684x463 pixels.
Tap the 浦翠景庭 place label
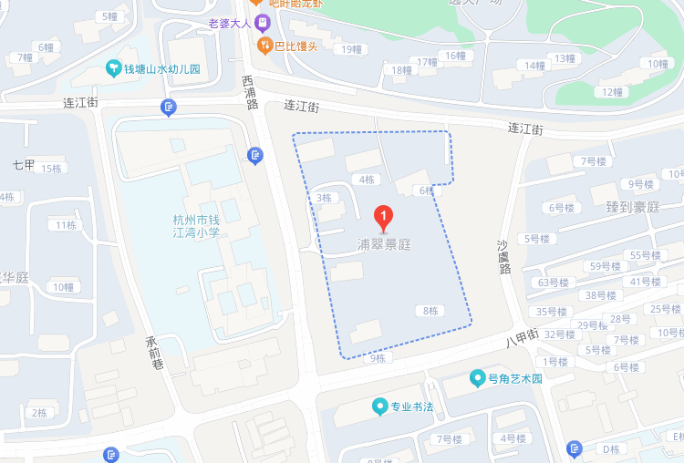384,245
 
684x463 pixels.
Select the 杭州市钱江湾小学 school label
197,226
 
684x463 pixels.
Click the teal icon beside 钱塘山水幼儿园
113,68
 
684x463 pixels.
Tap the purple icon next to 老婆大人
263,22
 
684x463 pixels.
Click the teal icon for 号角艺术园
476,377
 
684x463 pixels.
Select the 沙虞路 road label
503,257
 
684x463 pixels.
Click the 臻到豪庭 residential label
632,207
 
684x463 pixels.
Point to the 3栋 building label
324,198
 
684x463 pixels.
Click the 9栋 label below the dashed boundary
378,358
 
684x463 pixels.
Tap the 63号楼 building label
553,283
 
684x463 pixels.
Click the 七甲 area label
24,165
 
